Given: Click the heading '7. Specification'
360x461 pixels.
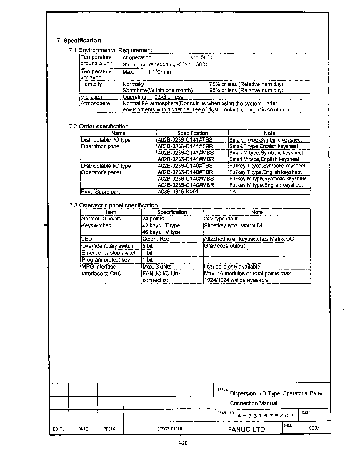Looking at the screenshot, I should [79, 41].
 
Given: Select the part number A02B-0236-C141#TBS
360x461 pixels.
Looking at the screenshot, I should [185, 140].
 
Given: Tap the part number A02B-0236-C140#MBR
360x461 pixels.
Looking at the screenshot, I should [186, 185].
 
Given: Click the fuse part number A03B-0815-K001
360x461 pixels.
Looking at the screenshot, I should [178, 192].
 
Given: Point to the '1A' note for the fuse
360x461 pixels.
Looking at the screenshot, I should [233, 192].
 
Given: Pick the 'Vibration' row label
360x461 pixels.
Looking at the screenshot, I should [91, 97].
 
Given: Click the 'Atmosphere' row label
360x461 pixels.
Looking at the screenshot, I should [95, 104].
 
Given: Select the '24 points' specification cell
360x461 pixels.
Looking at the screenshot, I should [153, 219].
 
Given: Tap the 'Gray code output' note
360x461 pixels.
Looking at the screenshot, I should [224, 246].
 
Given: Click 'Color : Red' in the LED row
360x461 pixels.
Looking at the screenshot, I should [156, 239].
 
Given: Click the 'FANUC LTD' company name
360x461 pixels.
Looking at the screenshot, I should [246, 429].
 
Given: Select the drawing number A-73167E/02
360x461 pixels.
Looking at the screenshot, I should [265, 416].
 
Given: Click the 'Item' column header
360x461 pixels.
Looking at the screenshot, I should [111, 212].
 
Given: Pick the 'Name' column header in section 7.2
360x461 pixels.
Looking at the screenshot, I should [118, 133].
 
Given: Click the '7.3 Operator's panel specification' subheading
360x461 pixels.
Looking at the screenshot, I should [114, 205].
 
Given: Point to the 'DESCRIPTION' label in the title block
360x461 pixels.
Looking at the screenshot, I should [170, 429].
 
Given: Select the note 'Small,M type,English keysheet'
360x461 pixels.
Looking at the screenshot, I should [264, 159].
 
